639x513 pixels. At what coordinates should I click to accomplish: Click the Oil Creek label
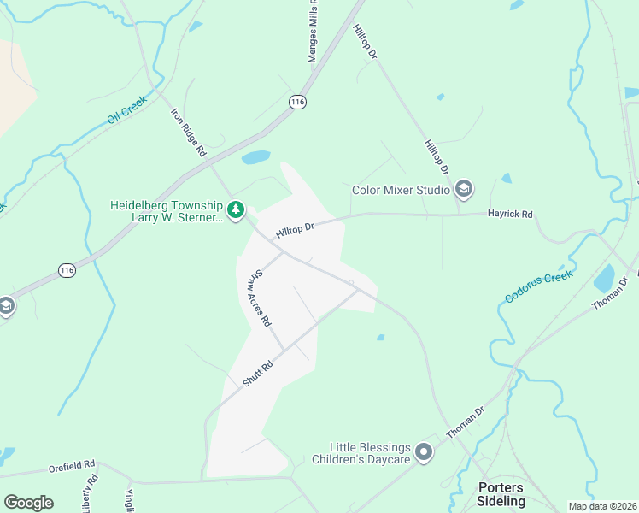(x=127, y=109)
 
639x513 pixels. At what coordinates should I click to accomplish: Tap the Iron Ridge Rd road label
(x=189, y=132)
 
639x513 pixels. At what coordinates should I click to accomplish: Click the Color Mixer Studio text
(x=402, y=189)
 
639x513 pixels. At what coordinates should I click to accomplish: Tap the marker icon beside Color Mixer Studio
(x=464, y=188)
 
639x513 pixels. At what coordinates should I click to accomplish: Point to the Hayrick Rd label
(x=510, y=214)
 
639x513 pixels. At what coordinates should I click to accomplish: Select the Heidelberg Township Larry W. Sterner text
(x=166, y=211)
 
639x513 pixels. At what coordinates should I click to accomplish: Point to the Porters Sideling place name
(x=501, y=494)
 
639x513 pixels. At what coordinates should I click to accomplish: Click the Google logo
(x=28, y=503)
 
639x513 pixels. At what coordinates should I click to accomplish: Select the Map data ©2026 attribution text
(x=603, y=506)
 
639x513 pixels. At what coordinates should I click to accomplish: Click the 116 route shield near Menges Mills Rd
(x=297, y=102)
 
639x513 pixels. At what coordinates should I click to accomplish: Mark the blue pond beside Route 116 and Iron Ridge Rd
(x=255, y=157)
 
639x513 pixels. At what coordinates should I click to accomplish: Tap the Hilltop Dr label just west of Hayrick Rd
(x=296, y=230)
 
